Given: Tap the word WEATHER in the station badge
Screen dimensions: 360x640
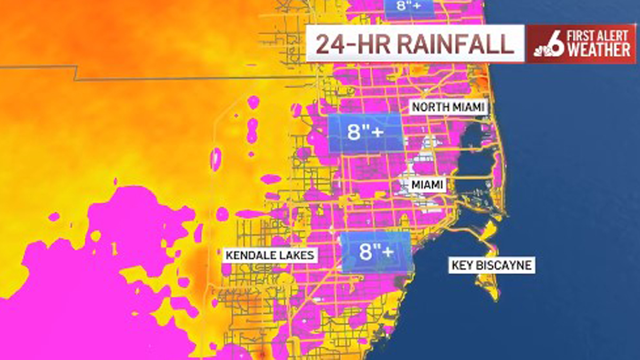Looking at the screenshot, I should [x=598, y=51].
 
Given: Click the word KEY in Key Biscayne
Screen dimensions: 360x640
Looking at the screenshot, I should [x=462, y=265].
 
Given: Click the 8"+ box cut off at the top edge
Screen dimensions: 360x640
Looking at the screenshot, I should [x=408, y=7].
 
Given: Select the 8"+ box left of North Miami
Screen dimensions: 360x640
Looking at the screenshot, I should [x=365, y=133].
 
